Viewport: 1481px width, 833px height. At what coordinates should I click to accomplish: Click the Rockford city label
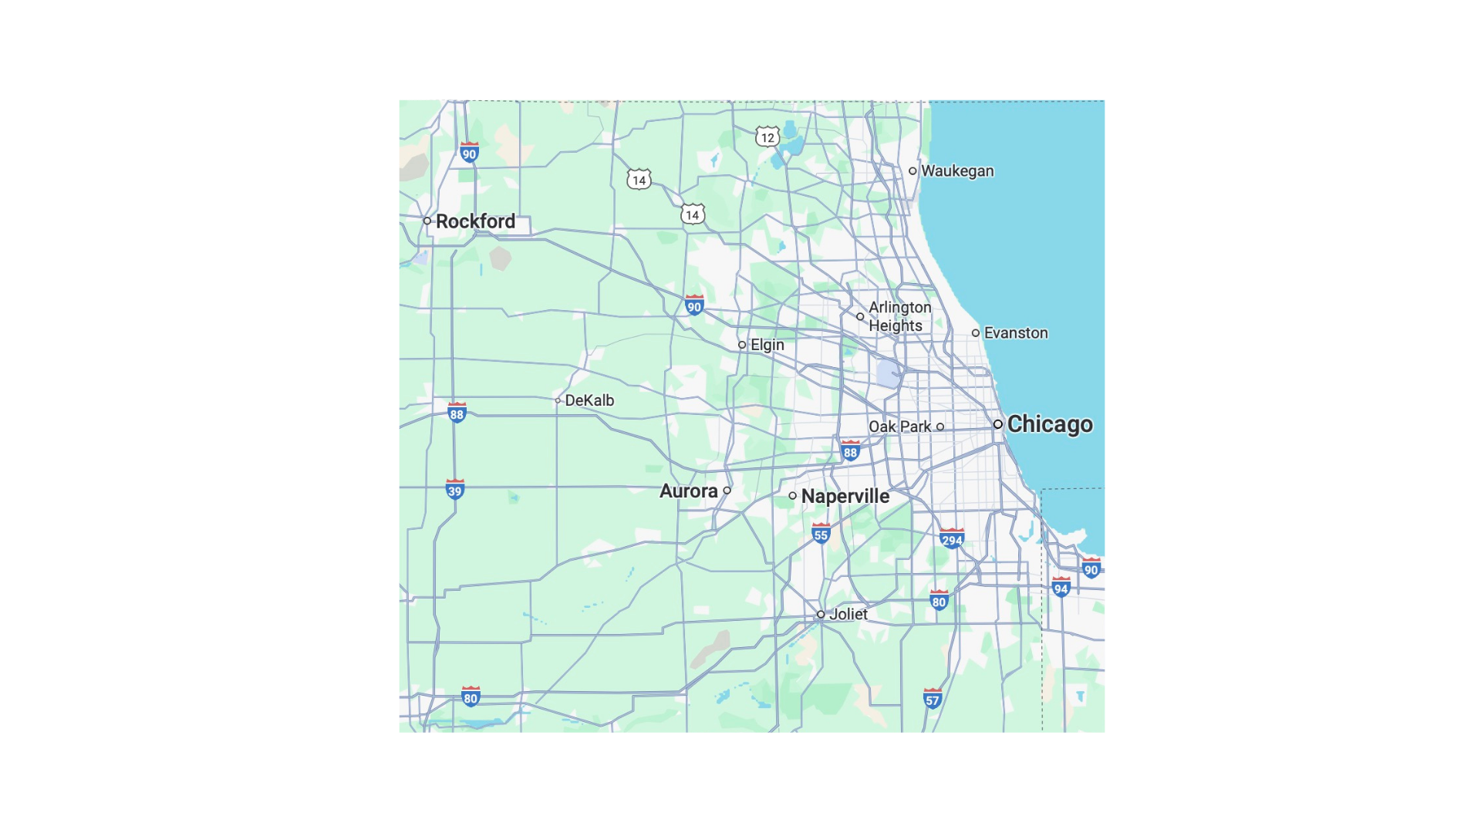475,221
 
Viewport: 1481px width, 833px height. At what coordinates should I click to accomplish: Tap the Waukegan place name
956,171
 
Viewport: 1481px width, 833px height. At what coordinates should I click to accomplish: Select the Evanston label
1015,333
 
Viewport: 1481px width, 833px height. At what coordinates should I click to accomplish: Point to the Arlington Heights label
899,316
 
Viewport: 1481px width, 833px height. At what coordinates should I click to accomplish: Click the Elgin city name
767,345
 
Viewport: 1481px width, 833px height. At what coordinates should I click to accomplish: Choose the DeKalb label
589,400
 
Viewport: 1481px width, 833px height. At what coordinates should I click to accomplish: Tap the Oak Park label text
899,427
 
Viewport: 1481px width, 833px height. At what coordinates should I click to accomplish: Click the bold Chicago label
1049,424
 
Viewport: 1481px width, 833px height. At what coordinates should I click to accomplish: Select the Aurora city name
688,491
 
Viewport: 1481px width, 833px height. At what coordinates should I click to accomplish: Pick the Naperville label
845,496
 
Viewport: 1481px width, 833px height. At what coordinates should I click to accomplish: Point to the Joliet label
848,615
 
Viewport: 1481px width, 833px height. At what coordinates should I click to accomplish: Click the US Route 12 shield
767,138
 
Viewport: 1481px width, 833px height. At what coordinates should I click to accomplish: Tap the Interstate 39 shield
455,490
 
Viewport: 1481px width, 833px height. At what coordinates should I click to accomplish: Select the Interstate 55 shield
821,534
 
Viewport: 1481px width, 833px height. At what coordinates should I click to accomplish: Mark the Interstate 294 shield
952,539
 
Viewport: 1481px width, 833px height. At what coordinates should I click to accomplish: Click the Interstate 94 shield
1061,588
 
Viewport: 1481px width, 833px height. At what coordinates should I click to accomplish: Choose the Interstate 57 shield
933,700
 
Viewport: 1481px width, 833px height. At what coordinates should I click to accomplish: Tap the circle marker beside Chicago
998,424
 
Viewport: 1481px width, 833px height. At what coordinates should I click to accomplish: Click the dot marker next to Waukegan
913,171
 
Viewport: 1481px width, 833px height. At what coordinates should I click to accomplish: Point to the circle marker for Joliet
821,615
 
